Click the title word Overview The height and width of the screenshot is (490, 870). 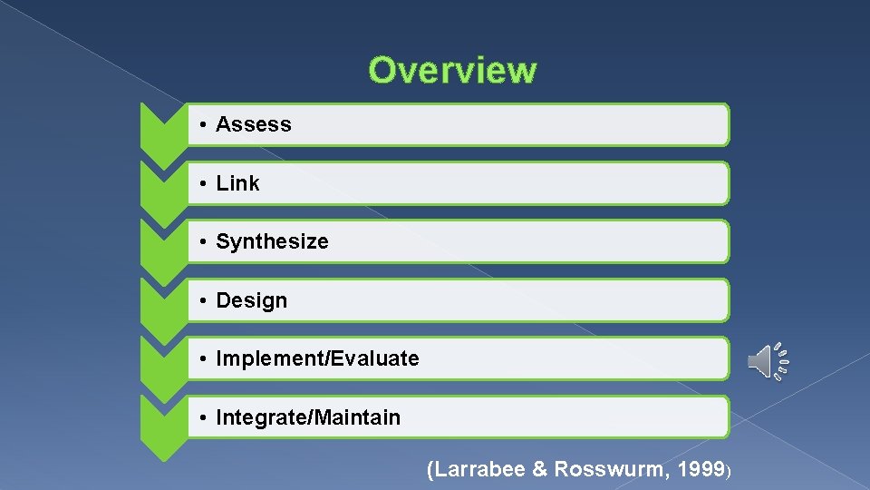[452, 70]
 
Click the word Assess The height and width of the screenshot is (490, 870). [254, 125]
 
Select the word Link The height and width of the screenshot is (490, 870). [237, 183]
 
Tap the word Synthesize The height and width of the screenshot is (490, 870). [272, 242]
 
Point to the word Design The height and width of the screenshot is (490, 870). [251, 301]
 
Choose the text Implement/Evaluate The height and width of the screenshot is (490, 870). [317, 359]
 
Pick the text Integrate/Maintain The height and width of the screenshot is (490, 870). [308, 417]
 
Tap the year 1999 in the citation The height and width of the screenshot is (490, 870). [700, 469]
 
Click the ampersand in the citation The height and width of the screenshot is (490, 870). [539, 469]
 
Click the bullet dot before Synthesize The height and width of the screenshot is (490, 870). [207, 242]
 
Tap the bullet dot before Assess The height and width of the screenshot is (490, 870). [207, 125]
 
